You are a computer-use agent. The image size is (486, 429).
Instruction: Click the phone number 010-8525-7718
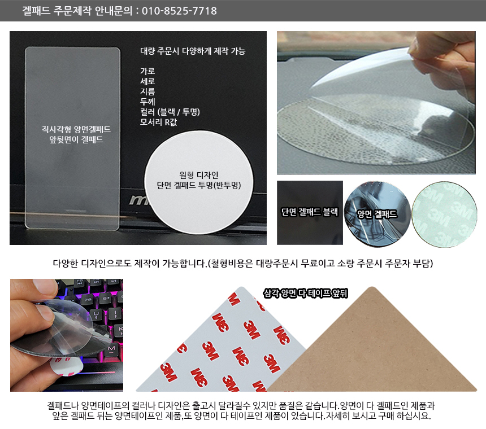click(x=179, y=11)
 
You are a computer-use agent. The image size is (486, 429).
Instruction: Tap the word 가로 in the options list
click(x=147, y=71)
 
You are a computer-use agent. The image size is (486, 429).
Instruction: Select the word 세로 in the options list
click(x=147, y=81)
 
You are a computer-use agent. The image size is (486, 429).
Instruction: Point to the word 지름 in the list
click(x=147, y=91)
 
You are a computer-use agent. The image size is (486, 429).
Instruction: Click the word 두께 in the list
click(x=147, y=102)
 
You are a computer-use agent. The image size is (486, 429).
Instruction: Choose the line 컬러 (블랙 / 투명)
click(x=170, y=112)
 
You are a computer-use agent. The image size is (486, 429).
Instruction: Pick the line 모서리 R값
click(x=158, y=122)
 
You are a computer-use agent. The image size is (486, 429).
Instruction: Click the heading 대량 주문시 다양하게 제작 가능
click(x=193, y=51)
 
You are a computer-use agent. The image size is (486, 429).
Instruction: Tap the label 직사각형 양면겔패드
click(x=76, y=129)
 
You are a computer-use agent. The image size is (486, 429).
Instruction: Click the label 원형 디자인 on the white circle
click(x=199, y=175)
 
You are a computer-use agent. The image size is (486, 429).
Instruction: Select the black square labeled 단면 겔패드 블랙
click(x=310, y=213)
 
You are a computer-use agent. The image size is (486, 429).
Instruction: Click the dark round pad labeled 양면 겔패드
click(x=377, y=214)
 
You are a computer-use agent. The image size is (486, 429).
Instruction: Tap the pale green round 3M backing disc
click(x=444, y=214)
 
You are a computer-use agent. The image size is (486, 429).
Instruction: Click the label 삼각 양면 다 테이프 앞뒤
click(x=305, y=293)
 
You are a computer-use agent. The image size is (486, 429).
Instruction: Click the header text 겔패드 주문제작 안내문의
click(x=77, y=11)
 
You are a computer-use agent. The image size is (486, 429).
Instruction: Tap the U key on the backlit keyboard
click(x=97, y=314)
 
